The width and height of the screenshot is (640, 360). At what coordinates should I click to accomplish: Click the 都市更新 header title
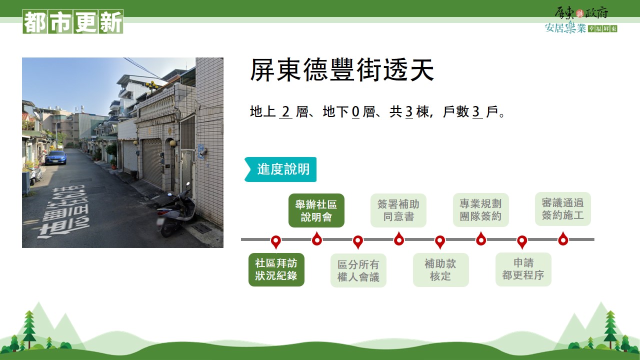click(73, 21)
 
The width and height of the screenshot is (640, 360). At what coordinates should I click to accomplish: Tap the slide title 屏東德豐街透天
click(342, 70)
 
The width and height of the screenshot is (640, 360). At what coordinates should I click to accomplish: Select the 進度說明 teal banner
click(280, 169)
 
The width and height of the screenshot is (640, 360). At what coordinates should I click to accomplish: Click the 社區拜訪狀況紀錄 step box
click(276, 269)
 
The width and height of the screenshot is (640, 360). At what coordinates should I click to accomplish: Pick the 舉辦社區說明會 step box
click(316, 210)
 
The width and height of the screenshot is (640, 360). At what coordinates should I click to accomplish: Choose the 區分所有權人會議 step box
click(358, 270)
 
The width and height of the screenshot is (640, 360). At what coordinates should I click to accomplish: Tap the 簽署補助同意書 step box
click(398, 210)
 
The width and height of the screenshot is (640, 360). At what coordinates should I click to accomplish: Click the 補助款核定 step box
click(441, 269)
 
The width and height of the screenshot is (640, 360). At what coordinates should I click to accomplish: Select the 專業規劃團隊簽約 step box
click(481, 210)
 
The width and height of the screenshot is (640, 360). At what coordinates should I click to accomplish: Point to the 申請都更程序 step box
click(523, 269)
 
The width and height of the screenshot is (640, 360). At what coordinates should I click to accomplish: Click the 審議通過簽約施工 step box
click(563, 209)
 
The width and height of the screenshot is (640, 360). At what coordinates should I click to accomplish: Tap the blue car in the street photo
click(56, 157)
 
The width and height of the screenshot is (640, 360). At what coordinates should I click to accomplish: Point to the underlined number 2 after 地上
click(285, 111)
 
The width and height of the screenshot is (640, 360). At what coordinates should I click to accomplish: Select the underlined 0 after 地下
click(355, 111)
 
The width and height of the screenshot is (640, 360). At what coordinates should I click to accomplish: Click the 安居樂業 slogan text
click(565, 27)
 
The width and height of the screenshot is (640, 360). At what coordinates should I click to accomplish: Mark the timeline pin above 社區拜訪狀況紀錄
click(275, 242)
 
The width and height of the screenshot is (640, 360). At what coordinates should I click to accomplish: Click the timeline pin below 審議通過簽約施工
click(563, 239)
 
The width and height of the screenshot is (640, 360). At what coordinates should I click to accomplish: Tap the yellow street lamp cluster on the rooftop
click(151, 85)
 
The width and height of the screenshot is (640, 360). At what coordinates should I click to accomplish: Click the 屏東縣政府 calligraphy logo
click(581, 12)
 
